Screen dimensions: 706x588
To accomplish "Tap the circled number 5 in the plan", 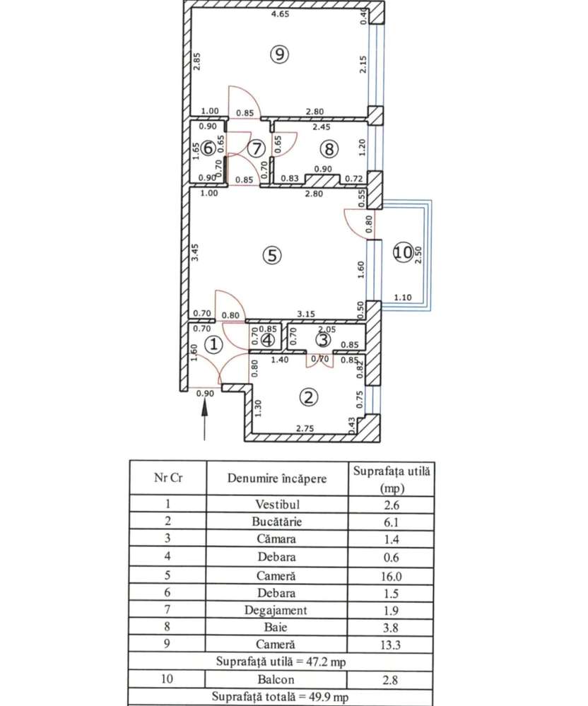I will click(x=271, y=256).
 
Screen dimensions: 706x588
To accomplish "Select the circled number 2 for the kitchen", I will click(x=307, y=397).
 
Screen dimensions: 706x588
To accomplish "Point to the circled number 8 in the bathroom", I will click(x=328, y=149).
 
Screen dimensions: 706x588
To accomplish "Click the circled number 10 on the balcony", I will click(x=403, y=252).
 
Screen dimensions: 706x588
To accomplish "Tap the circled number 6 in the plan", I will click(x=208, y=148).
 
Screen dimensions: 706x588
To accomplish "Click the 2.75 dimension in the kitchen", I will click(x=304, y=429).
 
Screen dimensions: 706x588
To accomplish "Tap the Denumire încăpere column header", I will click(x=278, y=478).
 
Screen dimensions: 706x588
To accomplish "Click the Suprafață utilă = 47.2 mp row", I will click(x=281, y=662).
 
